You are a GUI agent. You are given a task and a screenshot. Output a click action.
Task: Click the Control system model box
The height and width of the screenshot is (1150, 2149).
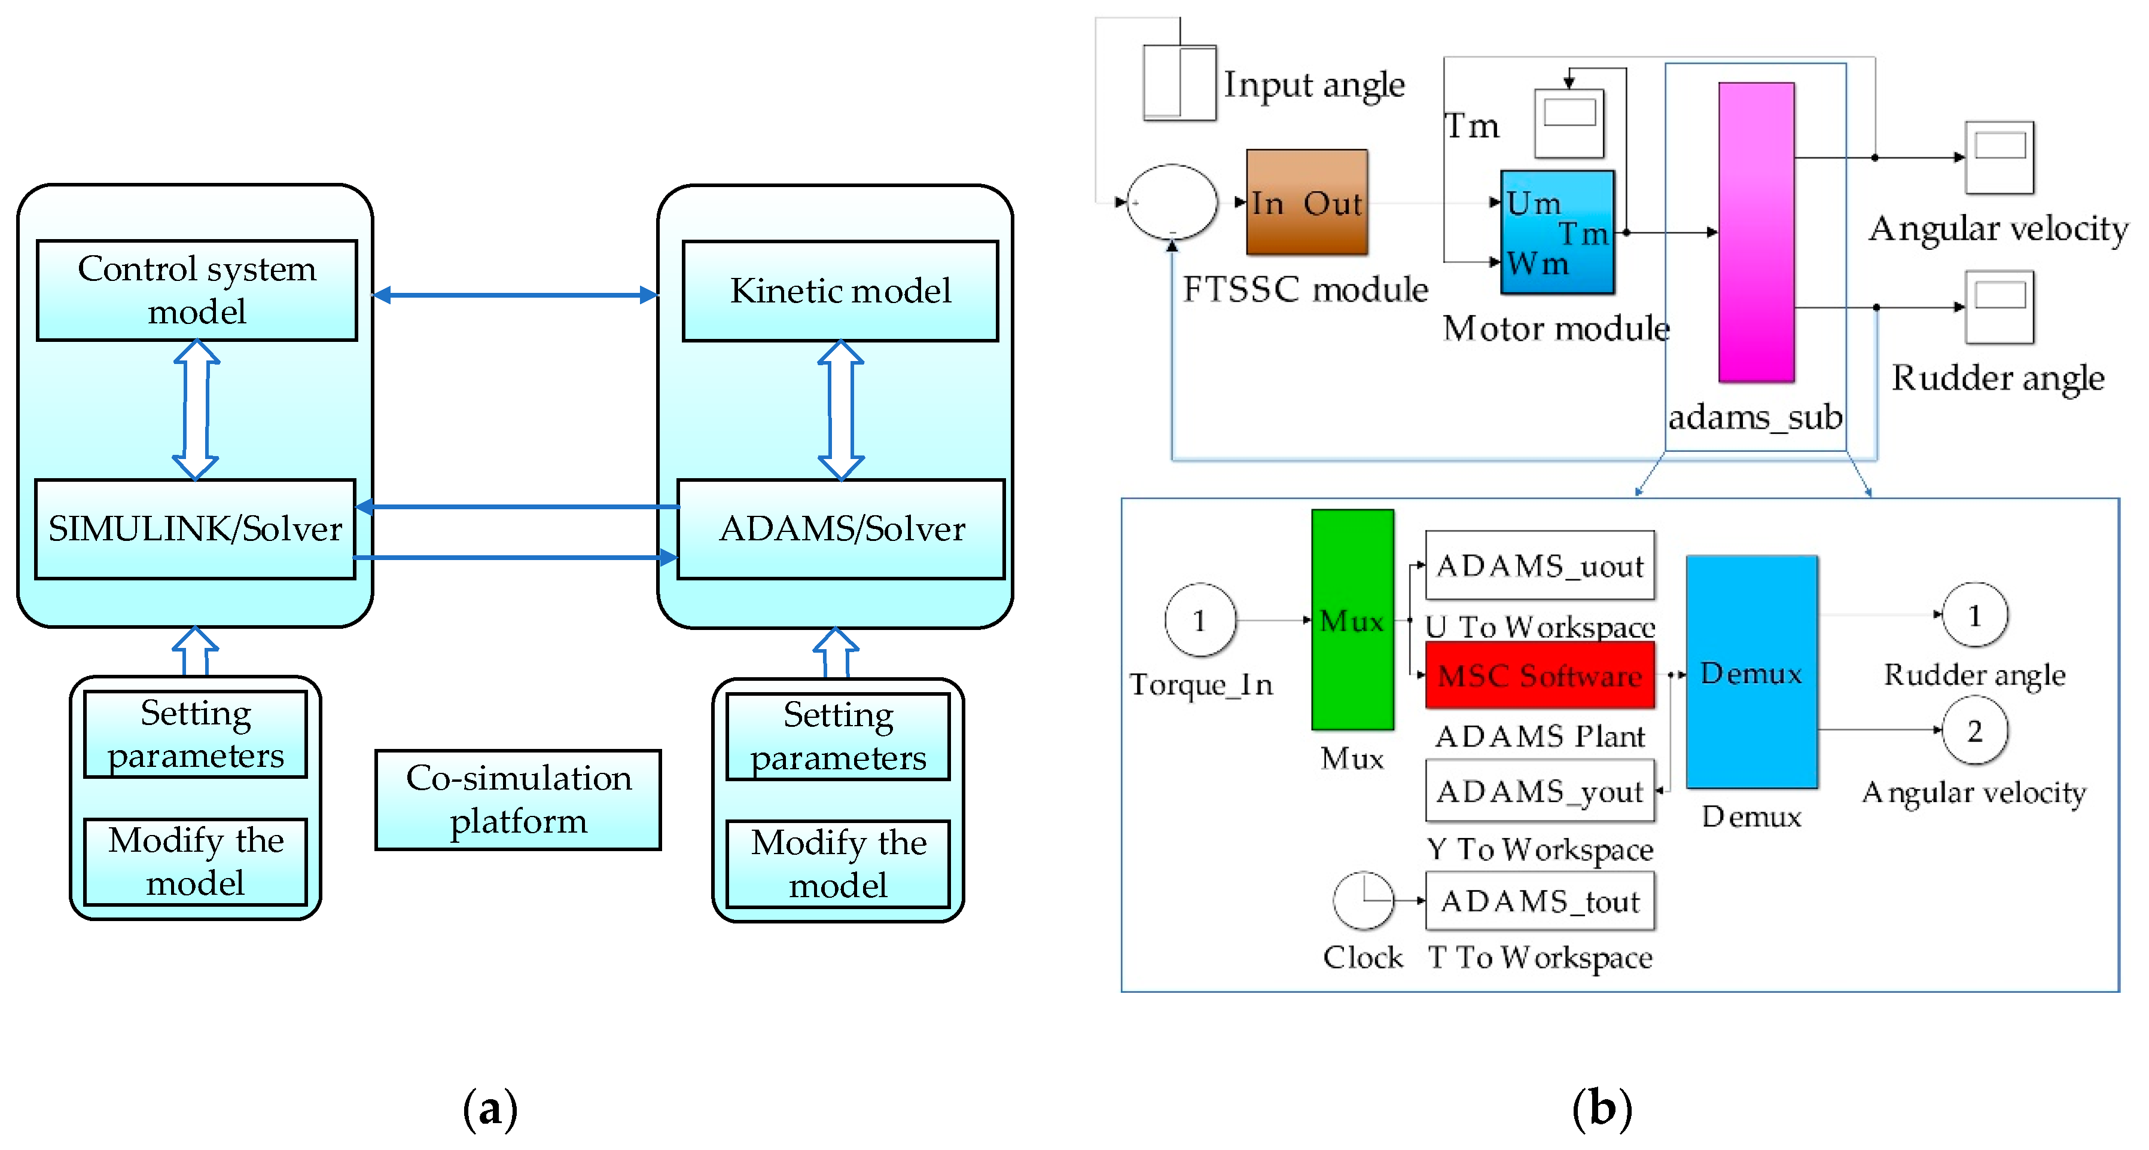(x=197, y=290)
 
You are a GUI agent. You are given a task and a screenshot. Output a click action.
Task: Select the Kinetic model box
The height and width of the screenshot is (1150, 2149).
(x=840, y=291)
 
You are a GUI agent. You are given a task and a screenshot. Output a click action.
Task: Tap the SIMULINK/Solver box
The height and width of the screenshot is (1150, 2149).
(x=195, y=529)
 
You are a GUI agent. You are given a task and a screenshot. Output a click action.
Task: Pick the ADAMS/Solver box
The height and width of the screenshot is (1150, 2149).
(x=841, y=529)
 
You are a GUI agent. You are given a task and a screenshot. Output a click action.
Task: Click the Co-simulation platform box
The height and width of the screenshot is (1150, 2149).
(x=518, y=800)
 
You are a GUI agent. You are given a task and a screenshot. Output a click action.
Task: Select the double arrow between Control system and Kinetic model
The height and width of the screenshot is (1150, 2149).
(x=515, y=295)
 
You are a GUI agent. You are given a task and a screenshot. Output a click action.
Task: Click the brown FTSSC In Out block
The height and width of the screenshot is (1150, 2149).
(x=1306, y=202)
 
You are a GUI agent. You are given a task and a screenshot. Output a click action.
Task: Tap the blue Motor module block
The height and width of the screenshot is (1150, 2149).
(x=1557, y=232)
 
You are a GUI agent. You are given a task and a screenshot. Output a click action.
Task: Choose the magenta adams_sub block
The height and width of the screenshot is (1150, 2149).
(x=1756, y=232)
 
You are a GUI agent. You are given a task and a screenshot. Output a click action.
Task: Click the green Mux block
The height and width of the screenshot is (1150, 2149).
(x=1352, y=620)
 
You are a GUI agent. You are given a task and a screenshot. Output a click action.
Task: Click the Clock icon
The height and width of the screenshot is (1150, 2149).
(x=1363, y=901)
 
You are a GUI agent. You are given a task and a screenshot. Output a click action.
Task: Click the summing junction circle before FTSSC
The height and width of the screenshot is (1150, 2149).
(x=1171, y=202)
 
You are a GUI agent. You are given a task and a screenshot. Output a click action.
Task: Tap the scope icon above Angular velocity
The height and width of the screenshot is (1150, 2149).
(x=1999, y=157)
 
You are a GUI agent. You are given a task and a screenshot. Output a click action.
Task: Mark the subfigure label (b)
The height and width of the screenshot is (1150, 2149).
(x=1602, y=1109)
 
